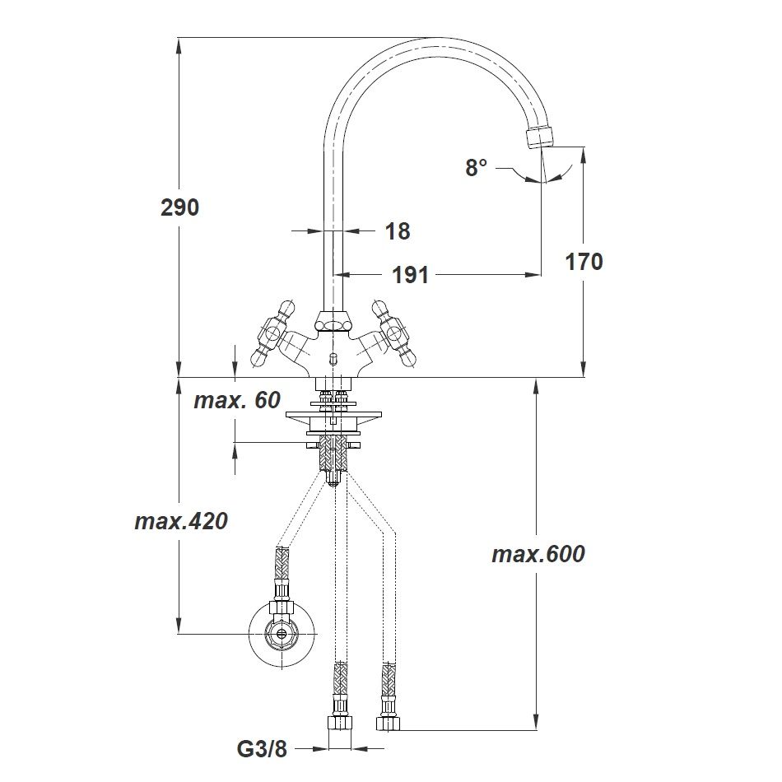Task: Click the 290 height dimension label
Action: (179, 207)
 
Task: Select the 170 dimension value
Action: (584, 262)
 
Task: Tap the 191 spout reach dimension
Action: (410, 275)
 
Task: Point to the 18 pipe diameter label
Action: (398, 231)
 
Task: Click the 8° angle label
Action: (477, 168)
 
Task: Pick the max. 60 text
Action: (237, 400)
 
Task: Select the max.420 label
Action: (181, 522)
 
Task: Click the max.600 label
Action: (538, 555)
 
